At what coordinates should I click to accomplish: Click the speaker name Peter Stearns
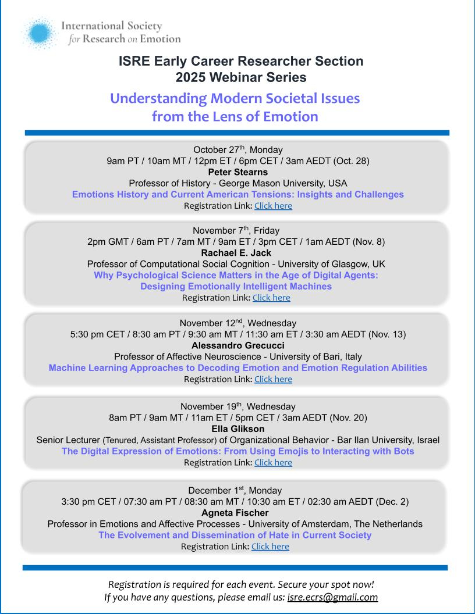tap(238, 172)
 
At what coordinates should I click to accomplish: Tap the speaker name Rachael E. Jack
tap(237, 252)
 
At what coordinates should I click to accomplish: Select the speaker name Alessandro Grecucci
tap(238, 345)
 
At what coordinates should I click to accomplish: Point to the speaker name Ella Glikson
tap(238, 429)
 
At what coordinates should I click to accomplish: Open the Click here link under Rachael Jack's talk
tap(271, 298)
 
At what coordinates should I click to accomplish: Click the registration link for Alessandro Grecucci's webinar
tap(273, 379)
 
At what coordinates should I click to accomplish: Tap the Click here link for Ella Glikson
tap(273, 463)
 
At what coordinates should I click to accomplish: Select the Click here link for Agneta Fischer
tap(270, 547)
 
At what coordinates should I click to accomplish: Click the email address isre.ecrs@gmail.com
tap(333, 597)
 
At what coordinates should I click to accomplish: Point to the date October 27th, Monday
tap(238, 149)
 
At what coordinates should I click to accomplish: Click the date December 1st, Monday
tap(235, 490)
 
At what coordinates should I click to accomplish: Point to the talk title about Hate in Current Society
tap(235, 535)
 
